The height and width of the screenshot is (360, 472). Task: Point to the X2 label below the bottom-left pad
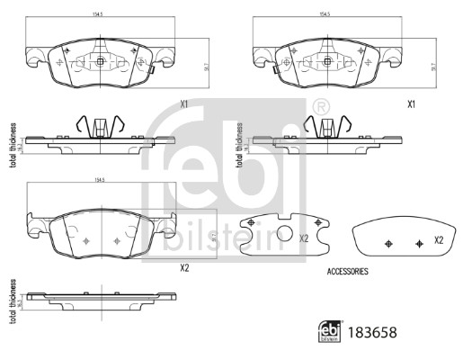point(184,267)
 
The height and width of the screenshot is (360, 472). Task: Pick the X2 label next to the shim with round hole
point(304,238)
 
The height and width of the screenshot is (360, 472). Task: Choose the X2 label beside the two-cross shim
point(440,240)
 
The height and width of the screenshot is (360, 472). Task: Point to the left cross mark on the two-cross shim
point(387,244)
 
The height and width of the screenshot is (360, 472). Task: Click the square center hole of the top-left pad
point(101,62)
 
